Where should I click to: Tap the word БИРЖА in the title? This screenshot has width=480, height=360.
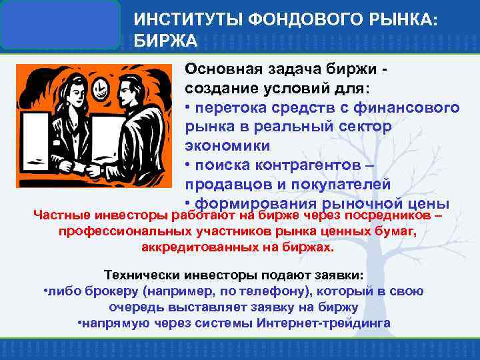click(x=166, y=41)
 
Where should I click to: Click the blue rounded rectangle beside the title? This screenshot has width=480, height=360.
click(x=60, y=24)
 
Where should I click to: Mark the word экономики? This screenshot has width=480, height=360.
click(x=218, y=145)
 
